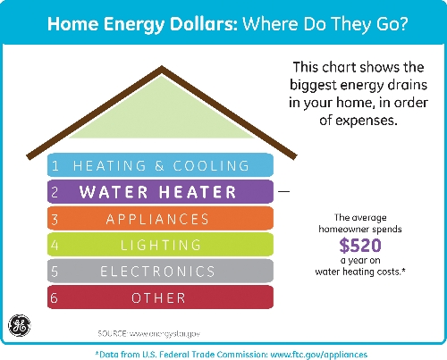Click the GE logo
[20, 325]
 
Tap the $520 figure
[360, 246]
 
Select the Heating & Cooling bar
[160, 165]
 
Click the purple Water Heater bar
[160, 191]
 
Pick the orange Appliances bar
[160, 218]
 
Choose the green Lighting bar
[160, 245]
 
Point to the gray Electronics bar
[160, 271]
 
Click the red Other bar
[160, 297]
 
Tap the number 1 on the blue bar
[55, 165]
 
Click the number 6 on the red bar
[54, 297]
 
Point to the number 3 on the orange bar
[55, 220]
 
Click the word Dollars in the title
[204, 23]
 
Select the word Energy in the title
[134, 25]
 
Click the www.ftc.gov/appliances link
[319, 355]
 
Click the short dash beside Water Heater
[283, 191]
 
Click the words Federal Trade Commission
[213, 355]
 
